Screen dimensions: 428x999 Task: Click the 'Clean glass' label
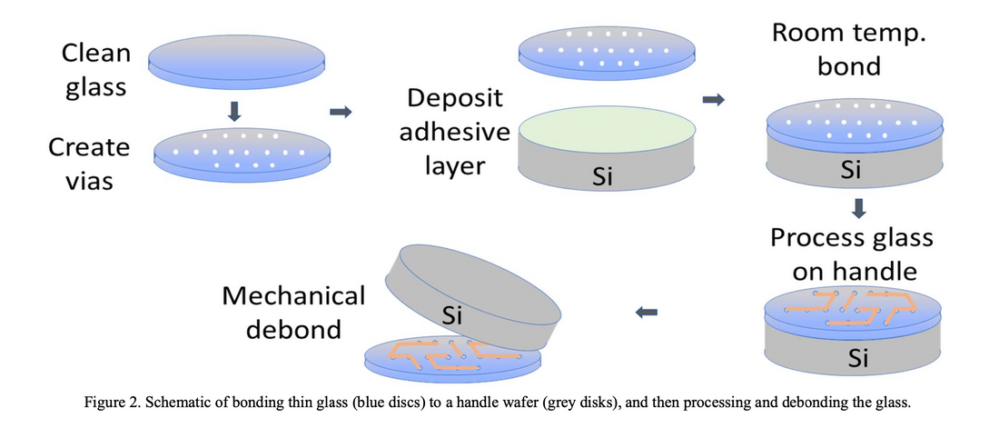95,71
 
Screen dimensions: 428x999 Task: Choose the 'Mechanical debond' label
293,312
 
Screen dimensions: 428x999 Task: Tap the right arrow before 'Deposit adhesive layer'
341,112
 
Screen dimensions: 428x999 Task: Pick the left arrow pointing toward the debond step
647,314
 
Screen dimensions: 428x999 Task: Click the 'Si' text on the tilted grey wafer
451,315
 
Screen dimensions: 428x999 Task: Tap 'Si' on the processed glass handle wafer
858,358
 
